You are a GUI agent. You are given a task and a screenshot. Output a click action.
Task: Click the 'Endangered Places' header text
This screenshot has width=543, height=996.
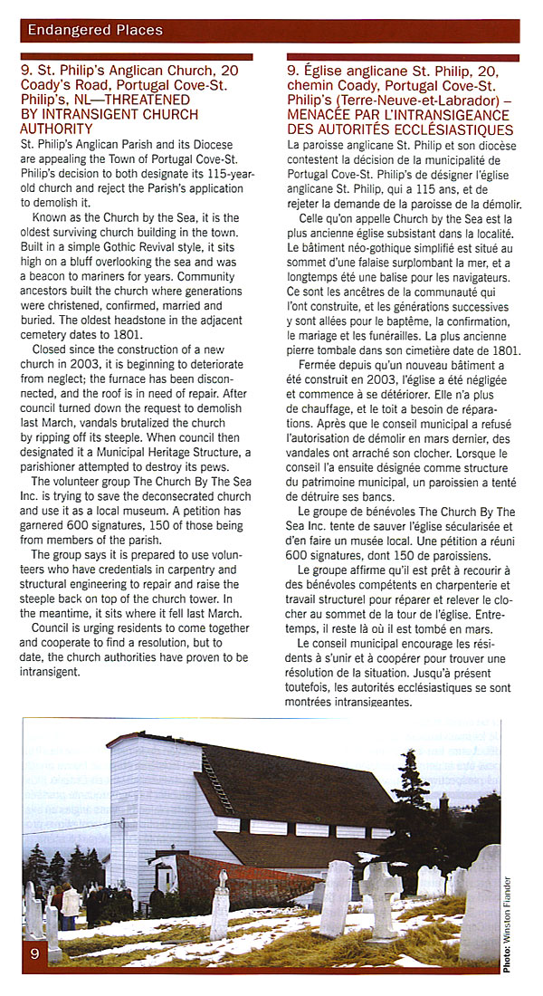pyautogui.click(x=95, y=30)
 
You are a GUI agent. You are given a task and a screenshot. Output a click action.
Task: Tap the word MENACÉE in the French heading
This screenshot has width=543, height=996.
pyautogui.click(x=322, y=117)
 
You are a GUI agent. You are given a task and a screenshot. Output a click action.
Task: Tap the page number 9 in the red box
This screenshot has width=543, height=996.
pyautogui.click(x=34, y=954)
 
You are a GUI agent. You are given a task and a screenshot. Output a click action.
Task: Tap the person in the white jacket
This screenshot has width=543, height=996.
pyautogui.click(x=70, y=901)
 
